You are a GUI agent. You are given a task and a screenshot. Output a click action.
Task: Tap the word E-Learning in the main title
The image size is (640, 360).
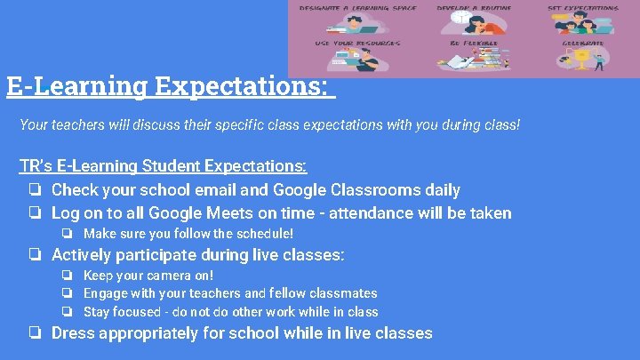(76, 86)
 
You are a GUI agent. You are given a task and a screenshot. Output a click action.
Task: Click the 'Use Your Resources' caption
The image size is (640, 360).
(356, 43)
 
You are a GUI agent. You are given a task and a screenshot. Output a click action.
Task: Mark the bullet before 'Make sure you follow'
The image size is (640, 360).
(67, 234)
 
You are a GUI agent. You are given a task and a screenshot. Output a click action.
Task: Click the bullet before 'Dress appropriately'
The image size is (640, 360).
(33, 333)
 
